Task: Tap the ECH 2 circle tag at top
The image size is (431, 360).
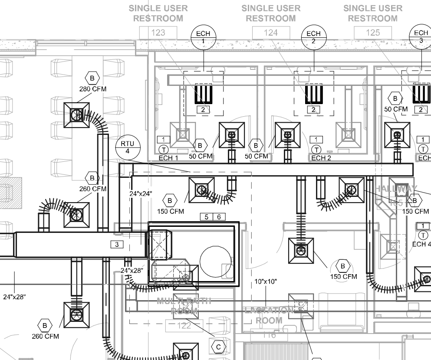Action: point(313,37)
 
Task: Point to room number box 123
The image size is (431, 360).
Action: point(158,32)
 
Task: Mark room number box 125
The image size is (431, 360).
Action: point(373,32)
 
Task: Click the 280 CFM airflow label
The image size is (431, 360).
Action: point(93,89)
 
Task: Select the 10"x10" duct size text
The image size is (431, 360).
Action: point(266,281)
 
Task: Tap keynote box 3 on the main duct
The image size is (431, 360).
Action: point(116,245)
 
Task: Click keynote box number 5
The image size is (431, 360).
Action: point(206,216)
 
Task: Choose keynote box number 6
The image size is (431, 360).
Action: point(219,216)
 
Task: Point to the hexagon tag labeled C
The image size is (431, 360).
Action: point(218,346)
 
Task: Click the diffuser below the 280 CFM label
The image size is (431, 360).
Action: point(76,115)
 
